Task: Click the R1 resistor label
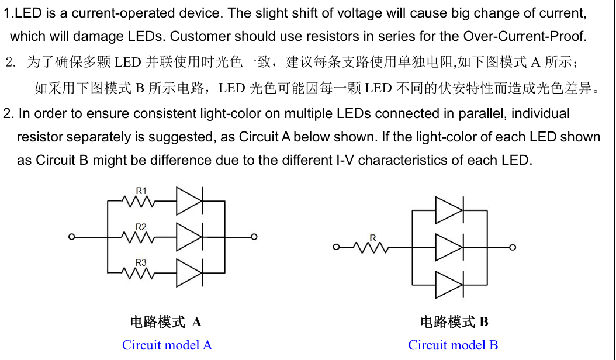[141, 191]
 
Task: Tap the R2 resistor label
[141, 227]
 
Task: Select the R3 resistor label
[141, 262]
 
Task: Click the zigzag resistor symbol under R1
[139, 202]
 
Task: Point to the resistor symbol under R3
[139, 273]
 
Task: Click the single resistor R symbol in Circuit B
[371, 248]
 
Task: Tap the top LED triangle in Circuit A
[189, 201]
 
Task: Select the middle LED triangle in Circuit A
[189, 237]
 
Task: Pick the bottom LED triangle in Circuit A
[189, 273]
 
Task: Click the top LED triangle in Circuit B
[449, 210]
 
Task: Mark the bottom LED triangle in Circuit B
[449, 285]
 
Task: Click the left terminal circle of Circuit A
[71, 237]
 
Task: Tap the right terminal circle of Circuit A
[254, 237]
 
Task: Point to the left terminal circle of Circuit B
[336, 247]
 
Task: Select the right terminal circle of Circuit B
[513, 247]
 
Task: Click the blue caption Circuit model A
[167, 345]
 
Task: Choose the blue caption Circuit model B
[453, 345]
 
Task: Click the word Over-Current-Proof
[525, 36]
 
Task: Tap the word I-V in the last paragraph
[345, 160]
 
